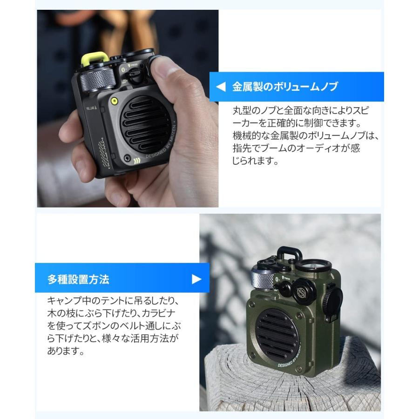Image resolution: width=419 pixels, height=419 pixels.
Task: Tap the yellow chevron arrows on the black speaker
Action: (136, 162)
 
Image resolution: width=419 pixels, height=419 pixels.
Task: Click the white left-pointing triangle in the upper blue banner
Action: (222, 87)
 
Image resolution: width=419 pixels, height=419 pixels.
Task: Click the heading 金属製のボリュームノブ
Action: (285, 87)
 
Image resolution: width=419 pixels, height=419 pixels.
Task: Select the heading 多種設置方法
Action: (78, 279)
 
